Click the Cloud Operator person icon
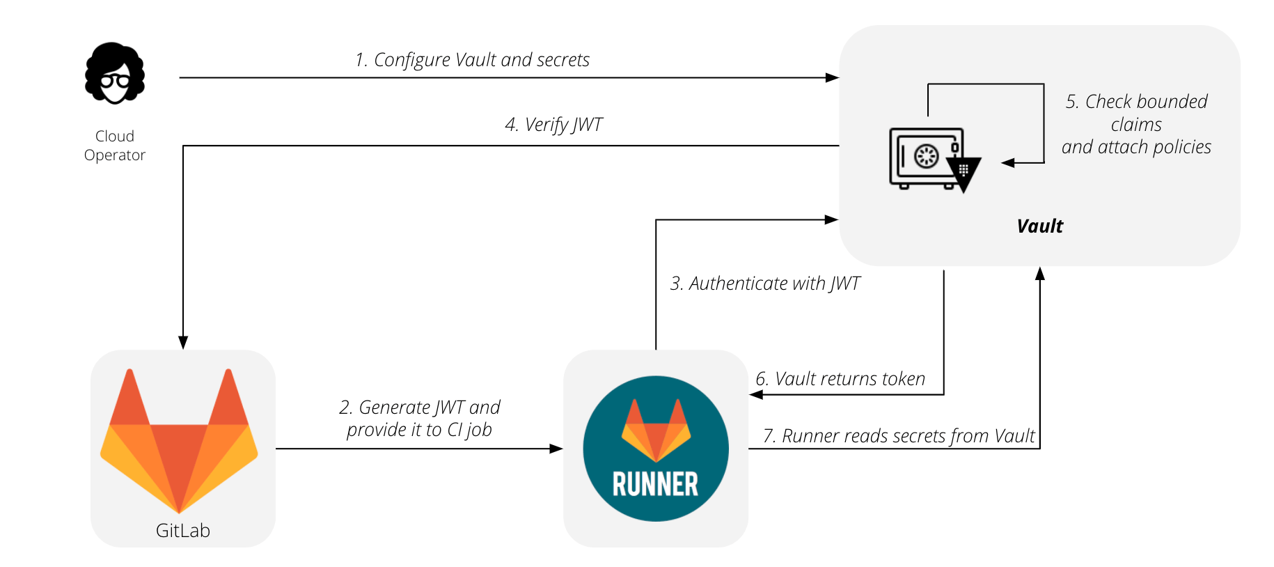[x=115, y=73]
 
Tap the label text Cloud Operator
[x=115, y=146]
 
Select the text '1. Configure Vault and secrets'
[x=472, y=60]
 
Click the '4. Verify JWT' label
[x=553, y=125]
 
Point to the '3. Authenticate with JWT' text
[x=764, y=283]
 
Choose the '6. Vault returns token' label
[x=840, y=379]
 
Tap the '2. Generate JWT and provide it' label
[x=419, y=418]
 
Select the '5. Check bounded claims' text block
[x=1136, y=124]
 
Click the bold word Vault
[x=1039, y=226]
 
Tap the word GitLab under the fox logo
[x=183, y=531]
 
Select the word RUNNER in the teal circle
[x=655, y=484]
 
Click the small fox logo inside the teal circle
[x=656, y=429]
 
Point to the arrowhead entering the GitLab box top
[x=183, y=342]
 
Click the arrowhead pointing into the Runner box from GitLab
[x=556, y=449]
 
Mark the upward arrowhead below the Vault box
[x=1039, y=274]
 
